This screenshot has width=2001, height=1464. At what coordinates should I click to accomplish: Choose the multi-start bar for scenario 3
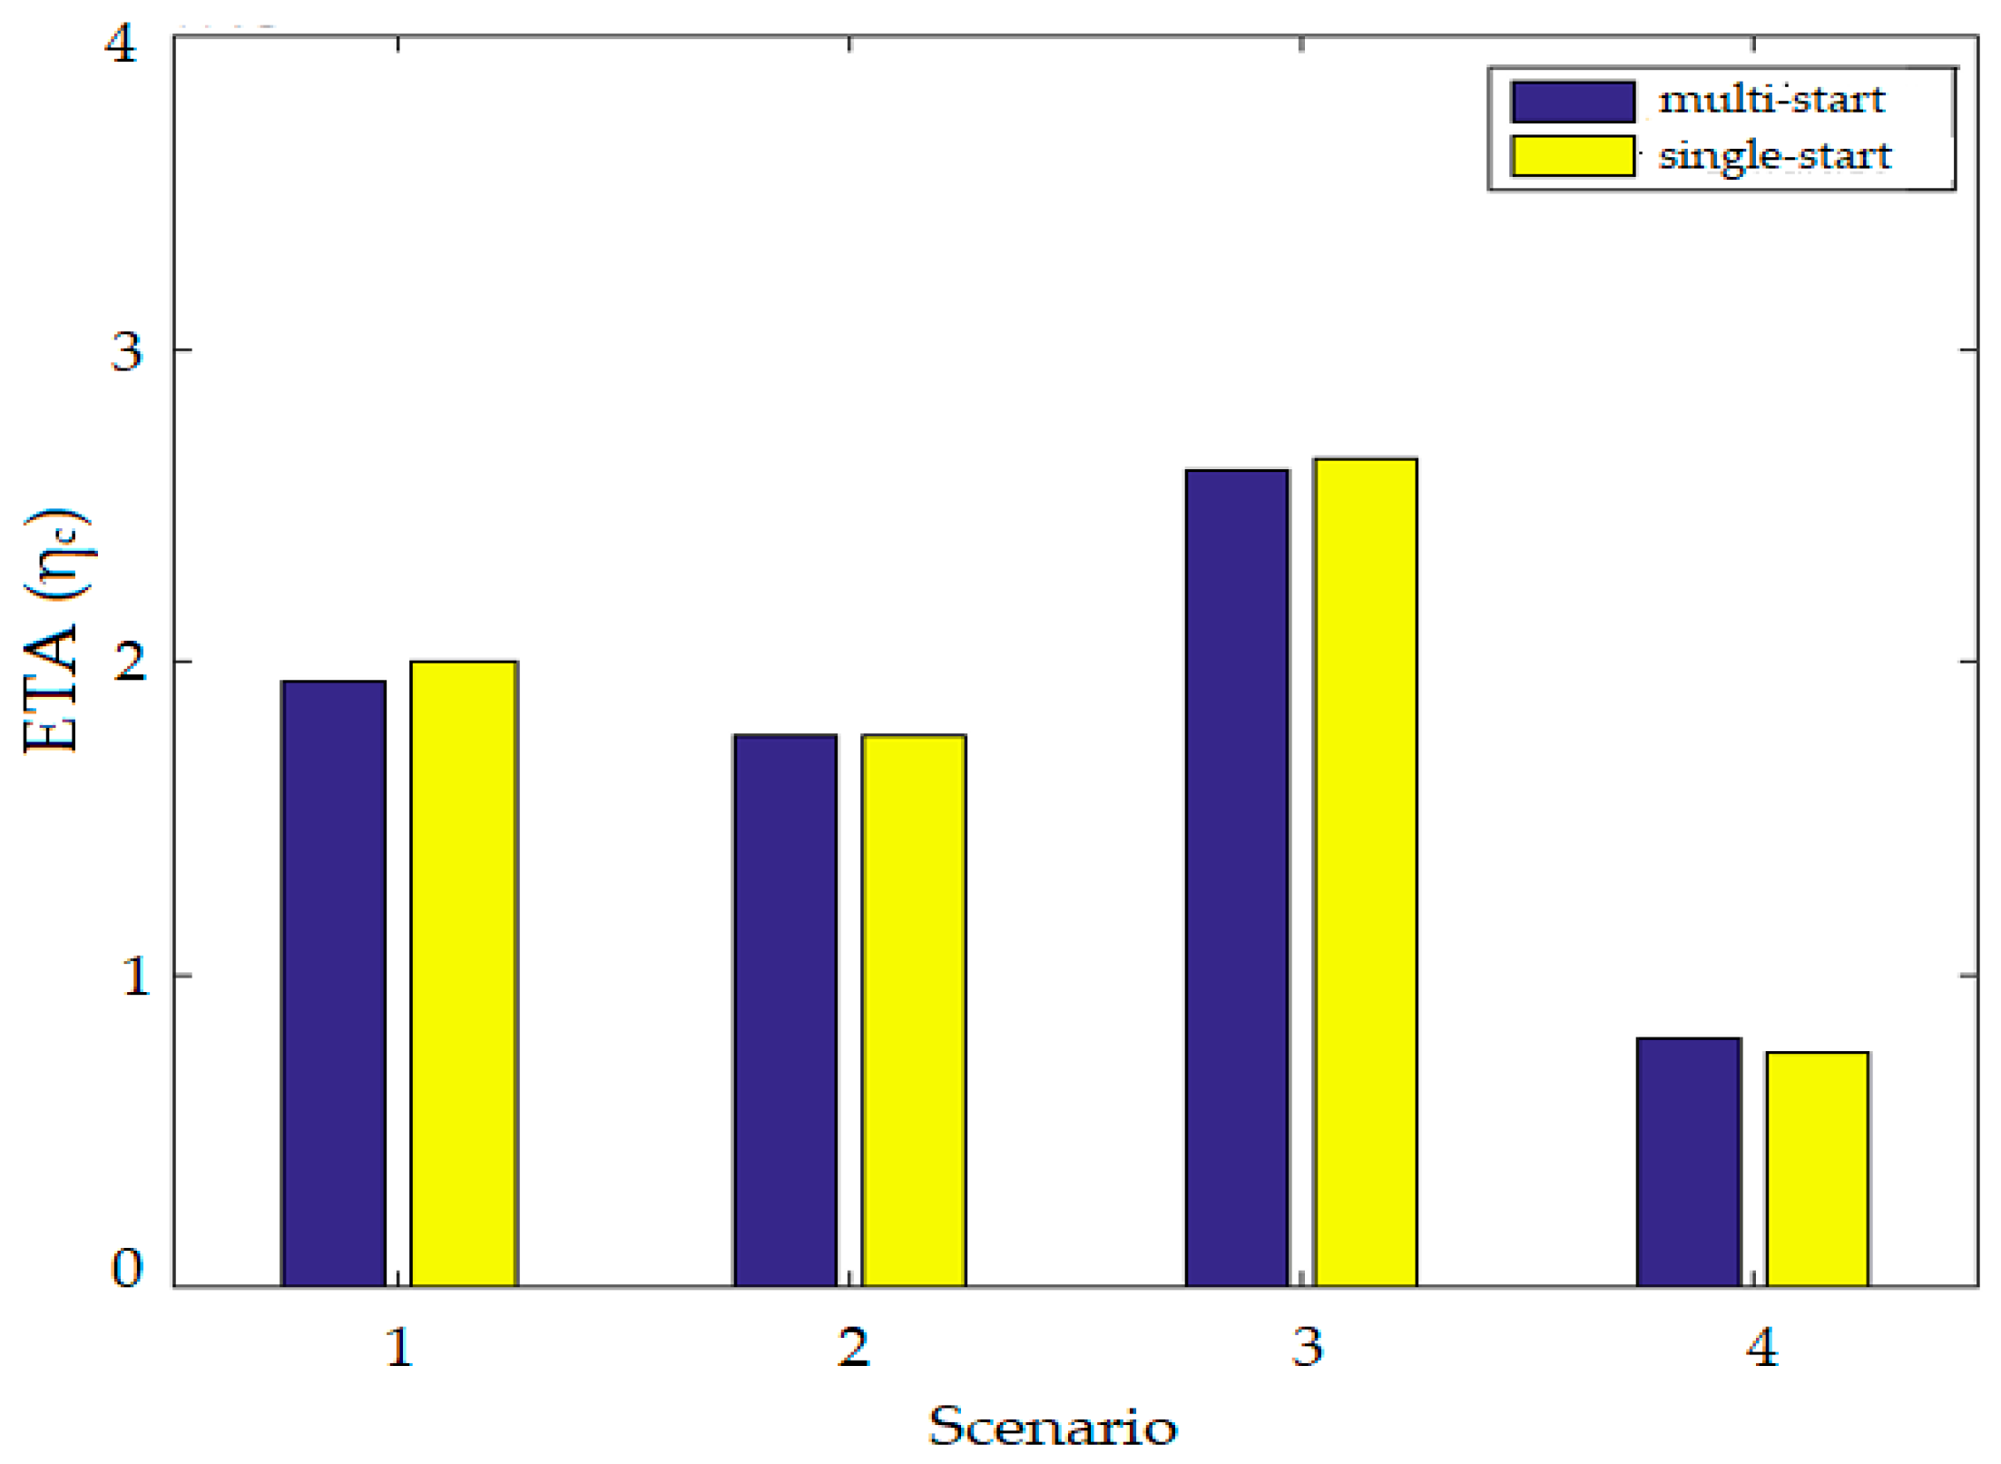(1237, 878)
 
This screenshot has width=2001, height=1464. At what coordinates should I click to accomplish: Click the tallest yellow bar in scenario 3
(1366, 872)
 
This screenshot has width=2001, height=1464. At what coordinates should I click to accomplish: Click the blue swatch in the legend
(1573, 101)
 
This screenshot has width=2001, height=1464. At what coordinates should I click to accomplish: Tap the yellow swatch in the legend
(1573, 155)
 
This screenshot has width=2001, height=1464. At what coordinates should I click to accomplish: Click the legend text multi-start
(1771, 99)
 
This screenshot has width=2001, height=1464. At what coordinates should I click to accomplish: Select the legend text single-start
(1775, 155)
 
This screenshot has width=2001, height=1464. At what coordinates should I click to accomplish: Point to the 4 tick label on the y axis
(123, 43)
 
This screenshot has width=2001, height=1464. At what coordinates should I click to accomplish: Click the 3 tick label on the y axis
(126, 351)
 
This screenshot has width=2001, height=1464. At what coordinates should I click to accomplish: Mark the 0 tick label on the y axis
(126, 1268)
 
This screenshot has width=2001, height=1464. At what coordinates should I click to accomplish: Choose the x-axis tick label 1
(399, 1348)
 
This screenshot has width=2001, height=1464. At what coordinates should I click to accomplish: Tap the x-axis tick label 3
(1307, 1348)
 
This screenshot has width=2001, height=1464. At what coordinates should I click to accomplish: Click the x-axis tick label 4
(1761, 1348)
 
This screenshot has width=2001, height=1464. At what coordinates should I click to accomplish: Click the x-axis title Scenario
(1053, 1427)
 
